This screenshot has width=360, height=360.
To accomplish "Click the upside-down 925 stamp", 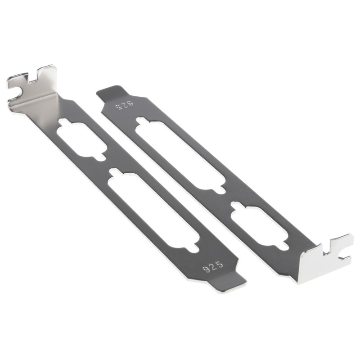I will pos(125,106).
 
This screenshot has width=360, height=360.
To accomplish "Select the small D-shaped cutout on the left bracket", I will pos(81,139).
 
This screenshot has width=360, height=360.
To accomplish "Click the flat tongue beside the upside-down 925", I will pos(110,92).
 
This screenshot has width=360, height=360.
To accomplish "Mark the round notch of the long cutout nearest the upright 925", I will pos(193,247).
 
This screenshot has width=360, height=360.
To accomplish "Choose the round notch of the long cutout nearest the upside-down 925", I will pos(141,120).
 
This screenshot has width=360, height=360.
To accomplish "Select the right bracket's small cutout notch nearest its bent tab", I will pos(283,246).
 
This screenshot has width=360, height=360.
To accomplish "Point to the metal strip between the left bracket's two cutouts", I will pos(108,164).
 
